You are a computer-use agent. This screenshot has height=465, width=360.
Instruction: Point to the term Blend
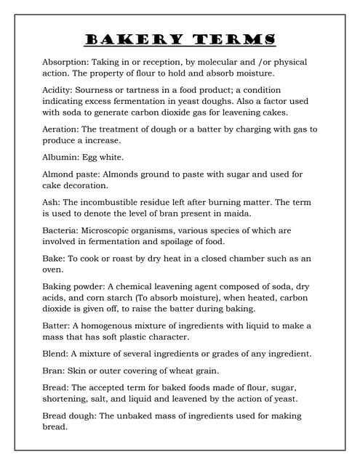click(55, 354)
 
